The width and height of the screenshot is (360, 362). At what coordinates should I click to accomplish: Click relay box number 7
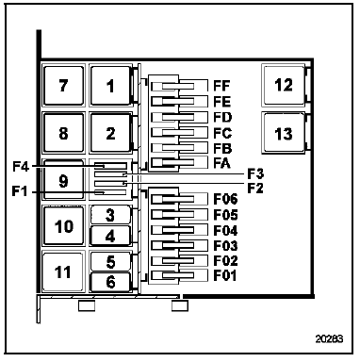(64, 86)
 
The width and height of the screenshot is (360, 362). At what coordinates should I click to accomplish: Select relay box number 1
(110, 86)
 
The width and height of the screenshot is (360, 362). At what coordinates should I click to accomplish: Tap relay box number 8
(64, 133)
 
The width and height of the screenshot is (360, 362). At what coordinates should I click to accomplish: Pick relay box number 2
(110, 133)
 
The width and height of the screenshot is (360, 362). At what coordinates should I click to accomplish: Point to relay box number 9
(64, 180)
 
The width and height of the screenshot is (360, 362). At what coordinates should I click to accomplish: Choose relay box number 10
(64, 225)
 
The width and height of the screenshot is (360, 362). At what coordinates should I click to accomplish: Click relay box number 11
(63, 271)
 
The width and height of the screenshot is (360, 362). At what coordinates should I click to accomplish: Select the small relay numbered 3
(110, 215)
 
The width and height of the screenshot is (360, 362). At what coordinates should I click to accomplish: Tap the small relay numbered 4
(110, 236)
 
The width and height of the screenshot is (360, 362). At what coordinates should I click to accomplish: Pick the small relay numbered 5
(110, 261)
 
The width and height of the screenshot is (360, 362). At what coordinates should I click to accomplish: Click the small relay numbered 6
(110, 282)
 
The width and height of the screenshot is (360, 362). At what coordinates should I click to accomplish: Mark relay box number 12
(284, 85)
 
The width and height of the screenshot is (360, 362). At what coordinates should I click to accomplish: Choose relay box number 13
(284, 133)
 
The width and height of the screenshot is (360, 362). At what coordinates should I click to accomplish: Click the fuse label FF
(221, 86)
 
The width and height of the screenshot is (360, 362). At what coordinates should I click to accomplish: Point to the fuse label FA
(221, 163)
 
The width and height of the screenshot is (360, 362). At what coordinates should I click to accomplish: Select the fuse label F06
(225, 199)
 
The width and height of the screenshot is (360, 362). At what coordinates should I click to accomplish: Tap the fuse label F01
(225, 275)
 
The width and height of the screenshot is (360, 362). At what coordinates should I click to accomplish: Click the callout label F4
(21, 167)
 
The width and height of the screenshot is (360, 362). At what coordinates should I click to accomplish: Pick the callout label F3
(255, 173)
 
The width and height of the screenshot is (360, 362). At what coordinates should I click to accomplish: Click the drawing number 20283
(329, 339)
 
